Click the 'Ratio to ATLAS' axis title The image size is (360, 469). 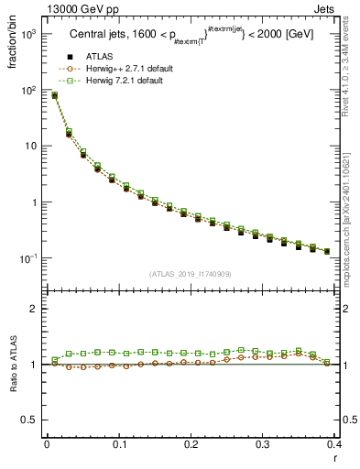tap(14, 365)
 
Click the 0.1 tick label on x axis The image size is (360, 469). tap(118, 444)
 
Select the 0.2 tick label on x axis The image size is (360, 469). tap(190, 444)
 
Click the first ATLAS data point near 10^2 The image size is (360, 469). tap(54, 95)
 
